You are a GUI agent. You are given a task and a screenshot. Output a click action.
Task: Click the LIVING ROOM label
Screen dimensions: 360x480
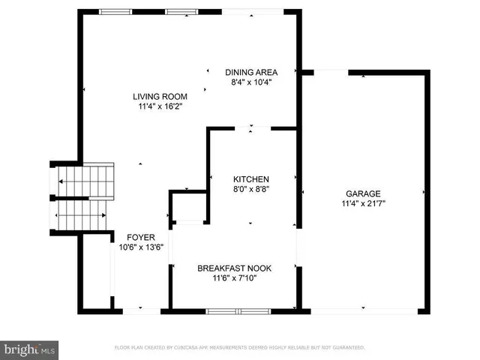point(160,96)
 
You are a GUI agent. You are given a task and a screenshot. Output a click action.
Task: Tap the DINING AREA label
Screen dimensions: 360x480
point(251,72)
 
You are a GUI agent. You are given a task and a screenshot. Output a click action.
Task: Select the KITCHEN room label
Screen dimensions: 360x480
point(250,178)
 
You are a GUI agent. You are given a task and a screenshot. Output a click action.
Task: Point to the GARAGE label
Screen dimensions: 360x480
point(363,193)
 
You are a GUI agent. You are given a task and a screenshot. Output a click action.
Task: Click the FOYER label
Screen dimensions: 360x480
point(141,236)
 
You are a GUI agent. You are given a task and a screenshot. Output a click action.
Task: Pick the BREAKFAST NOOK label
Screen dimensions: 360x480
point(234,268)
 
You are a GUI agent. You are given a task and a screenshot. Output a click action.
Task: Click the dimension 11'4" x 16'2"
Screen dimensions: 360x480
point(160,106)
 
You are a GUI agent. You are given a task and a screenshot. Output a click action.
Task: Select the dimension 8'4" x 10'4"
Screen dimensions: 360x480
point(251,82)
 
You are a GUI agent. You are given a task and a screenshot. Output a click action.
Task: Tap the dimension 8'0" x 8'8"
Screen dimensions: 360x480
point(250,189)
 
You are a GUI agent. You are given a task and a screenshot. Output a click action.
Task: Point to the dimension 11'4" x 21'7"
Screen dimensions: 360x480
point(363,202)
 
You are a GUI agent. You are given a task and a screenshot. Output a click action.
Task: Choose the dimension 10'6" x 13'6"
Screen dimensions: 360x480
point(141,247)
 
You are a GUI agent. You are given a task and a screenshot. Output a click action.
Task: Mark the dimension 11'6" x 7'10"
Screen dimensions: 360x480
point(234,278)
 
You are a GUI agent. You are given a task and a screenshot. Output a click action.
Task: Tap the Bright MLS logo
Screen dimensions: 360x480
point(30,349)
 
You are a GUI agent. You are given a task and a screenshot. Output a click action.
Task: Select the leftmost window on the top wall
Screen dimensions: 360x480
point(115,11)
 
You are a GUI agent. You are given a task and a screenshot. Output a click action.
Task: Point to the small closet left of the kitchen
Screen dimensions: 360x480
point(187,208)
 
